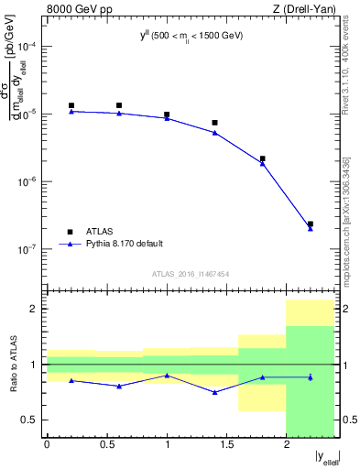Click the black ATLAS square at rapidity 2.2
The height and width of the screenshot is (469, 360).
[x=311, y=224]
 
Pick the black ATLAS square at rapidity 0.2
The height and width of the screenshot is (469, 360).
[x=71, y=105]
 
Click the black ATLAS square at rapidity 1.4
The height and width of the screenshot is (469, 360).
[x=214, y=123]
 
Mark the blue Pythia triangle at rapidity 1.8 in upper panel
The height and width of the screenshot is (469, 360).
[x=263, y=163]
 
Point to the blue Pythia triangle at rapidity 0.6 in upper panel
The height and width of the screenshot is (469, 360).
[x=119, y=114]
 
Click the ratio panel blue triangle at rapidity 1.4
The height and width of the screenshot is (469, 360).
[x=214, y=392]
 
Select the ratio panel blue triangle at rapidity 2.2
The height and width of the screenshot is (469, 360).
[x=311, y=377]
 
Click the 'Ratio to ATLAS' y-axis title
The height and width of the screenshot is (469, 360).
[x=12, y=365]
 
